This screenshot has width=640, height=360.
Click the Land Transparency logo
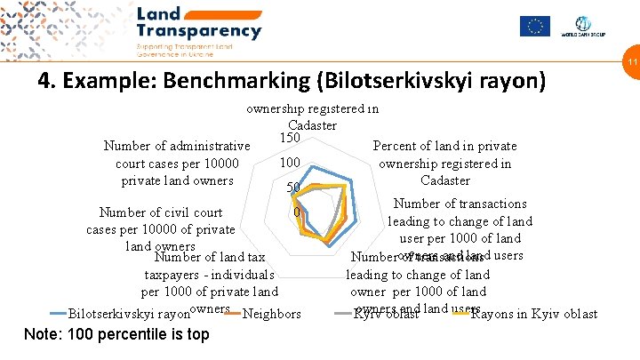pyautogui.click(x=198, y=24)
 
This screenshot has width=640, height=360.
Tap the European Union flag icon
pyautogui.click(x=535, y=26)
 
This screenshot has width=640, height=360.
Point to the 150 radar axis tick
pyautogui.click(x=291, y=138)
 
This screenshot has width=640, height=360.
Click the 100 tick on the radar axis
pyautogui.click(x=288, y=164)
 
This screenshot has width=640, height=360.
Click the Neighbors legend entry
pyautogui.click(x=271, y=314)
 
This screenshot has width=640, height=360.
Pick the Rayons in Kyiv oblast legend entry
pyautogui.click(x=533, y=314)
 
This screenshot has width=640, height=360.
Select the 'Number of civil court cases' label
pyautogui.click(x=161, y=229)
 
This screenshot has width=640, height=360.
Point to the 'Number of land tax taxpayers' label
pyautogui.click(x=210, y=274)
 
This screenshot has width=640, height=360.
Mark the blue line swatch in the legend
pyautogui.click(x=58, y=314)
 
